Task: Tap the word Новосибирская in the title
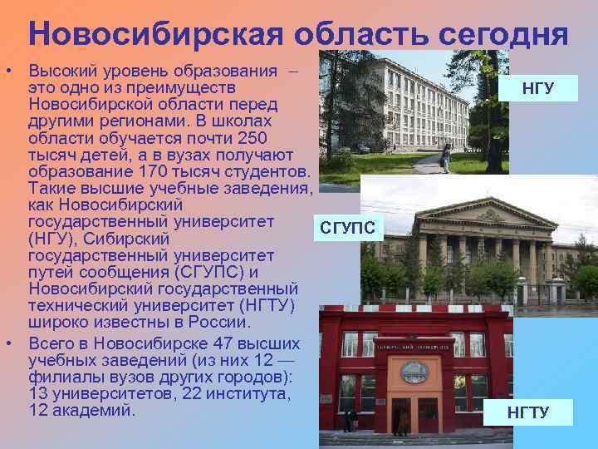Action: [130, 34]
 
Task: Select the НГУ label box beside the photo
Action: [538, 87]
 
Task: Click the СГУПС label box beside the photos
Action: [348, 227]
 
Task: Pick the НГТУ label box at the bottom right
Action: [528, 412]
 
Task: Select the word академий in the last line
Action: [94, 410]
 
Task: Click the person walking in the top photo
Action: [447, 157]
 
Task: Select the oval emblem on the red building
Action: [414, 372]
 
